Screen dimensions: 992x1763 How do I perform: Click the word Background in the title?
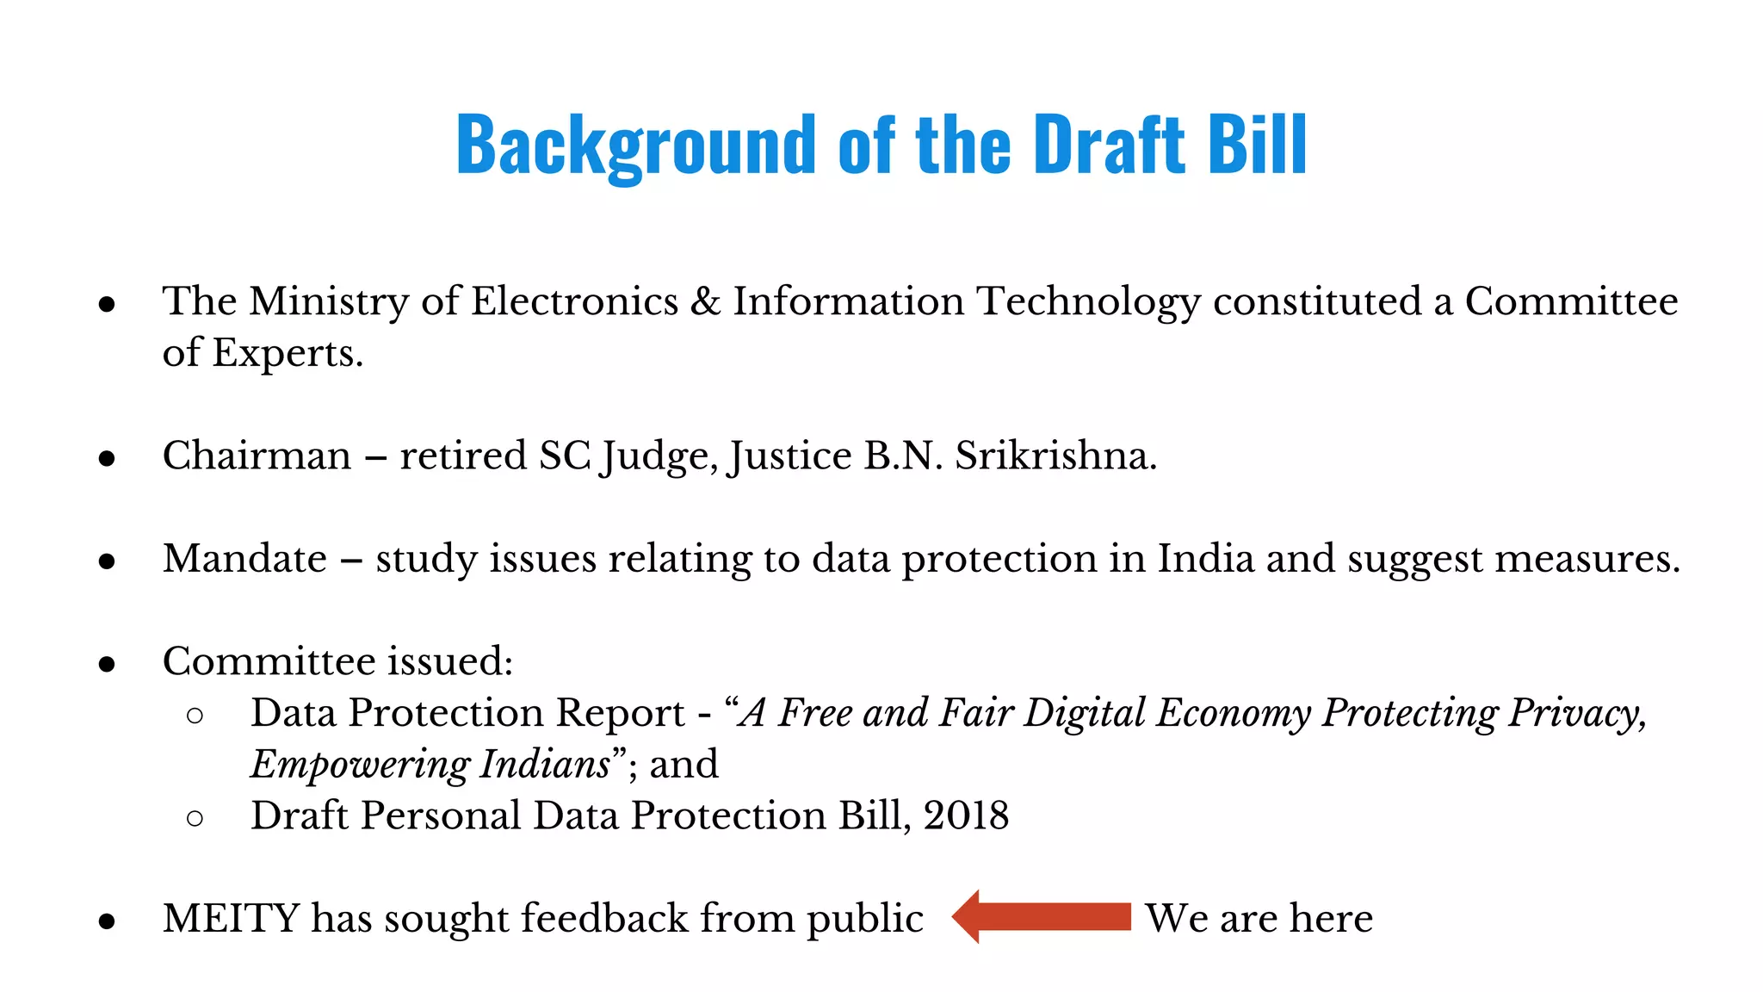(635, 145)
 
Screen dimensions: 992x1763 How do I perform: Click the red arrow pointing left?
(1042, 917)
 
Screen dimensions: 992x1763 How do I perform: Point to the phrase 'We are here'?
(1259, 918)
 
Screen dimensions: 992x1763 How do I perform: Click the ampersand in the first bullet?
(706, 301)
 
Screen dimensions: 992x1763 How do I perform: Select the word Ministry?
(329, 301)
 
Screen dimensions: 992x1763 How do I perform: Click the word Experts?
(288, 353)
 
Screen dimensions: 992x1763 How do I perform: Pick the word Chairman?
(257, 456)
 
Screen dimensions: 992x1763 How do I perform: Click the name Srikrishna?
(1055, 456)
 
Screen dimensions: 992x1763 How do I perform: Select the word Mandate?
(244, 558)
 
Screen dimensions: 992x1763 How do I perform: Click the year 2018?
(966, 815)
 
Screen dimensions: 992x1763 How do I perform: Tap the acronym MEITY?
(231, 918)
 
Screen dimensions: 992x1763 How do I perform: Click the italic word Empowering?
(359, 765)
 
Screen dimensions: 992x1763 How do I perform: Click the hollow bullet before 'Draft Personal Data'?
(195, 817)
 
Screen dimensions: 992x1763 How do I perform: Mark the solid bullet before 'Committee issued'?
(107, 664)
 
